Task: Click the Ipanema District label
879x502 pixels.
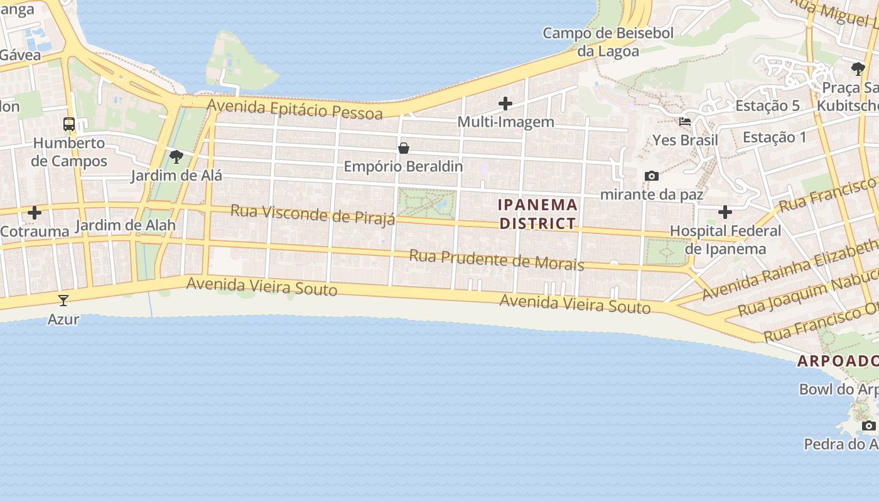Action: (x=537, y=214)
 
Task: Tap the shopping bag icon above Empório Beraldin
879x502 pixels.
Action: (x=404, y=148)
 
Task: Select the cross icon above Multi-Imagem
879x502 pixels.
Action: (x=505, y=104)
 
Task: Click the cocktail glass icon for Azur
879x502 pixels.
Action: (x=63, y=301)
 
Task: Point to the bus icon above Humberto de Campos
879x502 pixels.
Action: (x=69, y=124)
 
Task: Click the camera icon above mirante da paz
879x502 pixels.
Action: (x=652, y=176)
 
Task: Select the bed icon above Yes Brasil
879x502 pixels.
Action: (x=685, y=122)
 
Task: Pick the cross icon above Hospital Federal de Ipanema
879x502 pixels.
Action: (x=725, y=212)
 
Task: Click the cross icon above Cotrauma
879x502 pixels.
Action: (x=35, y=213)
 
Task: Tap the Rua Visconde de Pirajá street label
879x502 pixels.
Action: (x=313, y=214)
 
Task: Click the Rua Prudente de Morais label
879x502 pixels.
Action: (x=496, y=260)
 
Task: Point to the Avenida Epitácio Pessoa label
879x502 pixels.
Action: (x=294, y=109)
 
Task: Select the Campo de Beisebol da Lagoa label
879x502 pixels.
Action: (x=608, y=42)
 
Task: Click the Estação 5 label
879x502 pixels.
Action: (x=767, y=105)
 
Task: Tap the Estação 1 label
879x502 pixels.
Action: (x=774, y=137)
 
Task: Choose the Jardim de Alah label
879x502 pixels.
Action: (x=126, y=225)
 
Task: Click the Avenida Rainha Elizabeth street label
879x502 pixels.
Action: (x=790, y=269)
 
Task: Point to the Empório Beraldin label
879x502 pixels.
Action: (x=403, y=166)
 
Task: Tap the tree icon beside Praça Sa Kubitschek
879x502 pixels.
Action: (x=858, y=69)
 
